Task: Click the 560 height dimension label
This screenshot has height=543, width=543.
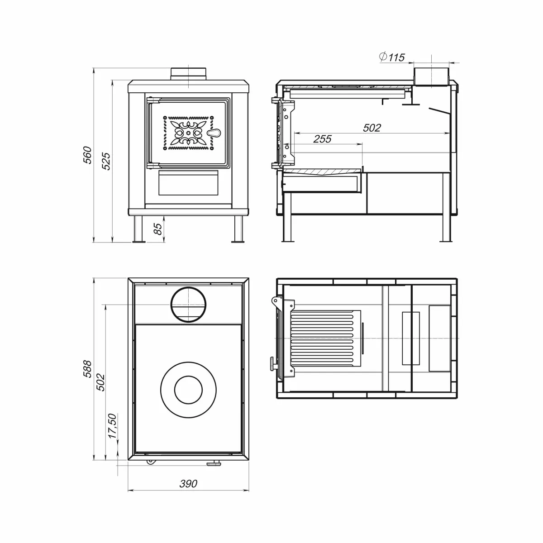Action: click(x=87, y=155)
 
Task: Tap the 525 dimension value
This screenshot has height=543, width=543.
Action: click(x=106, y=161)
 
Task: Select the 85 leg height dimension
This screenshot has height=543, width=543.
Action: click(x=158, y=229)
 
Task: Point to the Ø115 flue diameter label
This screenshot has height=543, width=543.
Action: click(x=392, y=57)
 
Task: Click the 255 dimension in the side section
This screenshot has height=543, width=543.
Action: click(x=322, y=138)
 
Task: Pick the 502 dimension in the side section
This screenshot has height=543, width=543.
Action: click(x=372, y=128)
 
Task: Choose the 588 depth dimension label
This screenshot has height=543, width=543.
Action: click(x=87, y=369)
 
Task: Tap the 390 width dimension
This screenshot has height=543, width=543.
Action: click(x=188, y=484)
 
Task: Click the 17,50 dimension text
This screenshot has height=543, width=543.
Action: click(x=112, y=426)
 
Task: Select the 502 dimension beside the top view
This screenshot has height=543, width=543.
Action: click(x=100, y=382)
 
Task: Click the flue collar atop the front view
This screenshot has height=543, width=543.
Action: click(x=188, y=74)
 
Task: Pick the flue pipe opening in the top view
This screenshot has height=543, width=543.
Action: click(x=188, y=305)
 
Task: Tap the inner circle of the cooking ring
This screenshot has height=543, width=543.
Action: click(x=189, y=390)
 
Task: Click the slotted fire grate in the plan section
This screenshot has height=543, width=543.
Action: click(x=326, y=338)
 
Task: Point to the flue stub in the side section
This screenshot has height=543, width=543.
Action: click(x=431, y=76)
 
